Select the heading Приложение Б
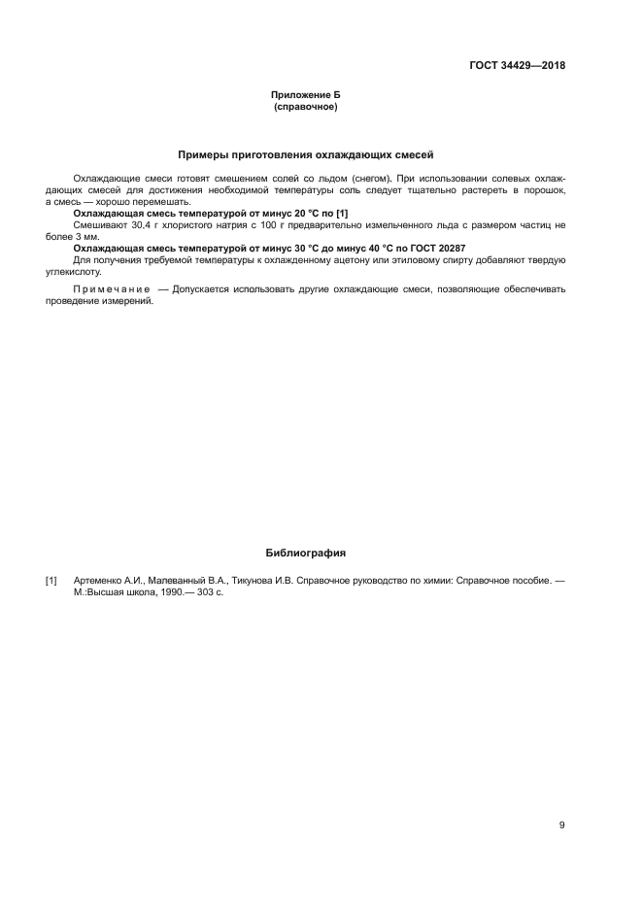(305, 94)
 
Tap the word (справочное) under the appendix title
(305, 106)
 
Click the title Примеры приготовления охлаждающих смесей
(306, 154)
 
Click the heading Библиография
(306, 553)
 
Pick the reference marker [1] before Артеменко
(51, 580)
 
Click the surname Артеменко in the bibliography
(100, 580)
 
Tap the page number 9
(561, 825)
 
